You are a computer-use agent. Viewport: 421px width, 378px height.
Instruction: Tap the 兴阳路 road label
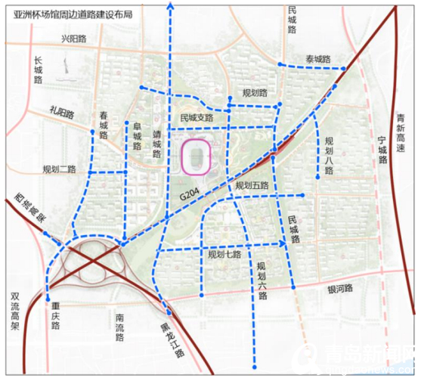pyautogui.click(x=75, y=39)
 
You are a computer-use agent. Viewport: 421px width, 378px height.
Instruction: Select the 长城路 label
pyautogui.click(x=39, y=70)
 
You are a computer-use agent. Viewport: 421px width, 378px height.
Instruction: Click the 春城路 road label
pyautogui.click(x=104, y=125)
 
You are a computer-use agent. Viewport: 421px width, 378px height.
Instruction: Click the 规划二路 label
pyautogui.click(x=59, y=169)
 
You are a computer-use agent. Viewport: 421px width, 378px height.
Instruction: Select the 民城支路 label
pyautogui.click(x=196, y=118)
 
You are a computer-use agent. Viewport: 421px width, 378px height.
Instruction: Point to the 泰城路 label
pyautogui.click(x=318, y=59)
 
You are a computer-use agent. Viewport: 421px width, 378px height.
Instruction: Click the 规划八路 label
pyautogui.click(x=329, y=156)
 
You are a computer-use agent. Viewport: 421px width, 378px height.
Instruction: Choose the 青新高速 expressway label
pyautogui.click(x=402, y=133)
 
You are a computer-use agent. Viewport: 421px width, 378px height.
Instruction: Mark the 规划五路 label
pyautogui.click(x=252, y=184)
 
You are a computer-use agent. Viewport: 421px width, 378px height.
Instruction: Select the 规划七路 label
pyautogui.click(x=224, y=255)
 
